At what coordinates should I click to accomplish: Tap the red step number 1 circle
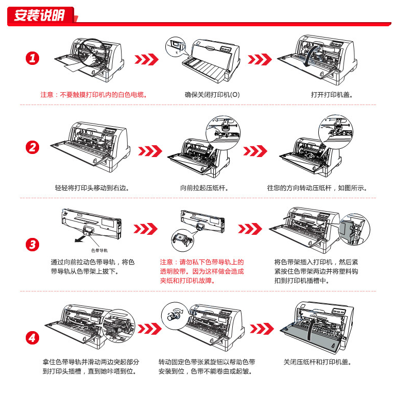[32, 58]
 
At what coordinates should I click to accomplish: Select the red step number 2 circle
[32, 147]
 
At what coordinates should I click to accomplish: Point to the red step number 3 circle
[32, 245]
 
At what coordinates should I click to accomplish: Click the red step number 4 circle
[32, 338]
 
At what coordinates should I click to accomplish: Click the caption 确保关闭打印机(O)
[212, 95]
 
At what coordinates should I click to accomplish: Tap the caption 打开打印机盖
[332, 95]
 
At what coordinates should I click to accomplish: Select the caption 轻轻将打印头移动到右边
[92, 188]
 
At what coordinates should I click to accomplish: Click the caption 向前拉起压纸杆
[204, 188]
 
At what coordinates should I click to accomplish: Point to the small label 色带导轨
[99, 250]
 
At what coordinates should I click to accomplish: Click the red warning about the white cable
[94, 95]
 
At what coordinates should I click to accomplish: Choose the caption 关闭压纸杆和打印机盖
[317, 362]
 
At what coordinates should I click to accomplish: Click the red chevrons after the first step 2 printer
[150, 151]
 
